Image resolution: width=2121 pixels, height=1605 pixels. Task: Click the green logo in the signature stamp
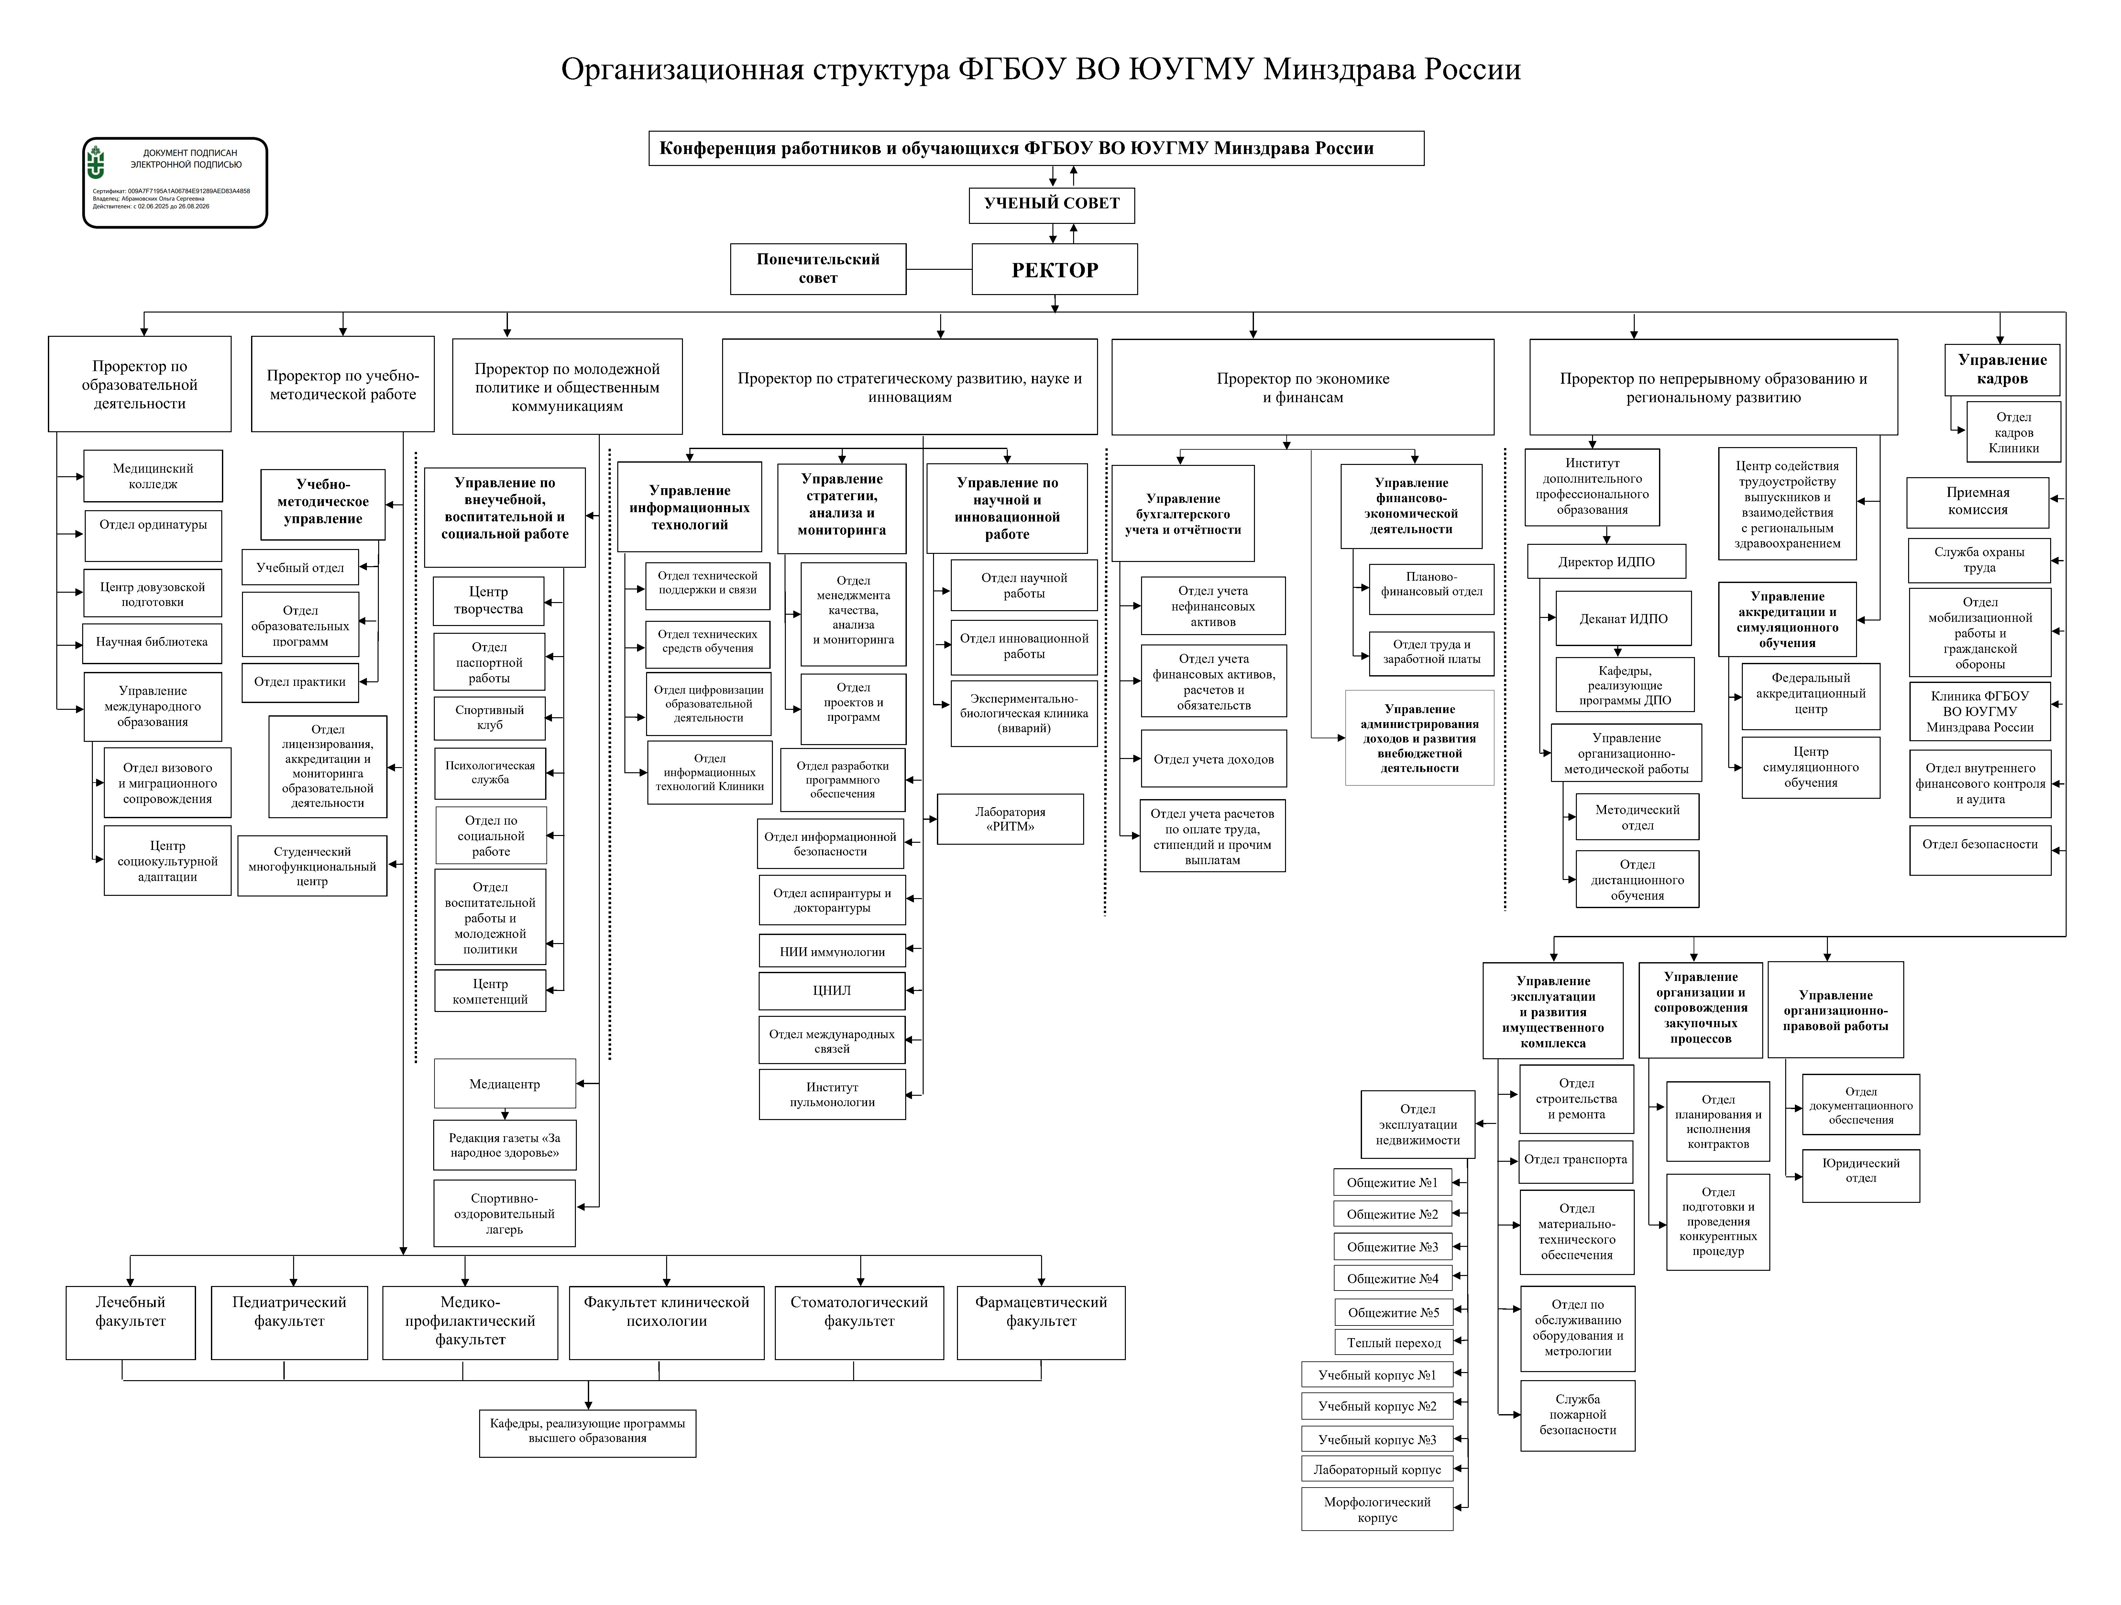[x=96, y=163]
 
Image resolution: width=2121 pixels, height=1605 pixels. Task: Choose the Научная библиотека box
[x=151, y=643]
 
